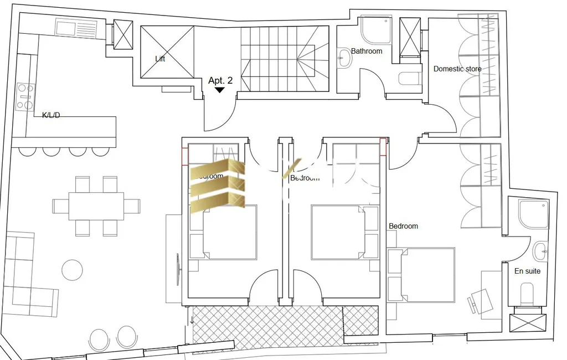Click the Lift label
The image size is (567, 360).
point(160,59)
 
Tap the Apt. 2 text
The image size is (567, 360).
point(220,80)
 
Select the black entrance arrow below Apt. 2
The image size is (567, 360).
point(220,90)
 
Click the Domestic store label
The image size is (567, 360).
point(457,69)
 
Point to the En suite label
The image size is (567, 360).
point(527,271)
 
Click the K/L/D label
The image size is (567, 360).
point(51,115)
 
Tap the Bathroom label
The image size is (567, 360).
point(367,51)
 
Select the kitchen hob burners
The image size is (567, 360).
point(25,96)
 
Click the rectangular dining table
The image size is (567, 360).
point(96,206)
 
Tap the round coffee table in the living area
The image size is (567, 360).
point(73,270)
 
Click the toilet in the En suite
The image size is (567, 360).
point(527,294)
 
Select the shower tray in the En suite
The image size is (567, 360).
point(533,213)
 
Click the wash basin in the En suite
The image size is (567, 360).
point(540,251)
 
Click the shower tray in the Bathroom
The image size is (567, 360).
point(377,30)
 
